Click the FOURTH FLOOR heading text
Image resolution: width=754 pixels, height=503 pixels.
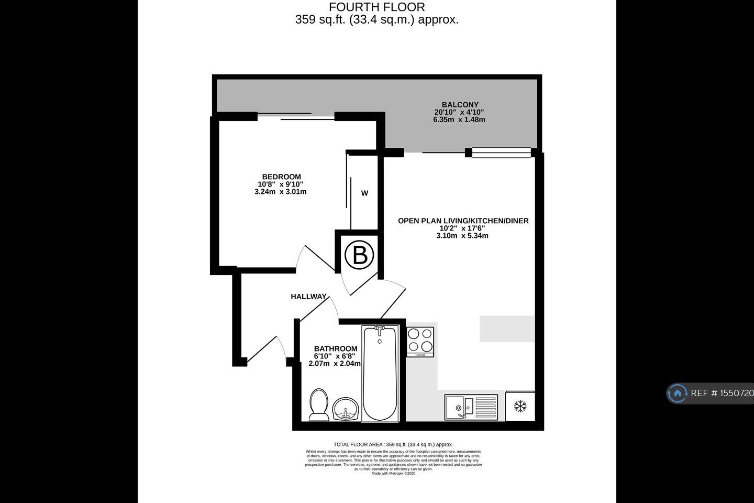pyautogui.click(x=376, y=7)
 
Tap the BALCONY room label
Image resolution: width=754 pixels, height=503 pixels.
pyautogui.click(x=460, y=105)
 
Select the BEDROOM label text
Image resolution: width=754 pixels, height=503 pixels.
pyautogui.click(x=281, y=177)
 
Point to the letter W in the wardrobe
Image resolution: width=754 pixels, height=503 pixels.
pyautogui.click(x=364, y=193)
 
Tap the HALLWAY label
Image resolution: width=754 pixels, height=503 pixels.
pyautogui.click(x=308, y=297)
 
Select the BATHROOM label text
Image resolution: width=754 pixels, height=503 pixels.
pyautogui.click(x=336, y=348)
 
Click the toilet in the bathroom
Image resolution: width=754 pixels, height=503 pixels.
pyautogui.click(x=318, y=404)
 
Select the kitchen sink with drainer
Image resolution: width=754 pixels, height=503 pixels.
pyautogui.click(x=471, y=406)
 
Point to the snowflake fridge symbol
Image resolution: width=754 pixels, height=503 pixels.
pyautogui.click(x=520, y=406)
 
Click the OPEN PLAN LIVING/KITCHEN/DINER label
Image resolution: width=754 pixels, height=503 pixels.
pyautogui.click(x=463, y=221)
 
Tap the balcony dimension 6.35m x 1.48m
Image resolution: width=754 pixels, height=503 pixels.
pyautogui.click(x=459, y=119)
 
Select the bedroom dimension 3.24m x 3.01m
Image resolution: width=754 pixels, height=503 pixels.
pyautogui.click(x=281, y=192)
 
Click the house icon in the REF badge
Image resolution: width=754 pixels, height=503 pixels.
pyautogui.click(x=677, y=393)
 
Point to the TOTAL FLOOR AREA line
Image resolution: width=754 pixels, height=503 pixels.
pyautogui.click(x=393, y=444)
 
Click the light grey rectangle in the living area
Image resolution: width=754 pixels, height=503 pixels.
pyautogui.click(x=507, y=329)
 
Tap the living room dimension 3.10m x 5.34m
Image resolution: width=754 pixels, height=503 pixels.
pyautogui.click(x=462, y=236)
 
